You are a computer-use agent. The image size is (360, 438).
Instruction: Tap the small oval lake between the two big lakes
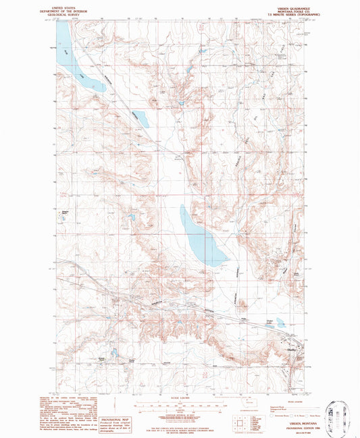[x=140, y=118]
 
